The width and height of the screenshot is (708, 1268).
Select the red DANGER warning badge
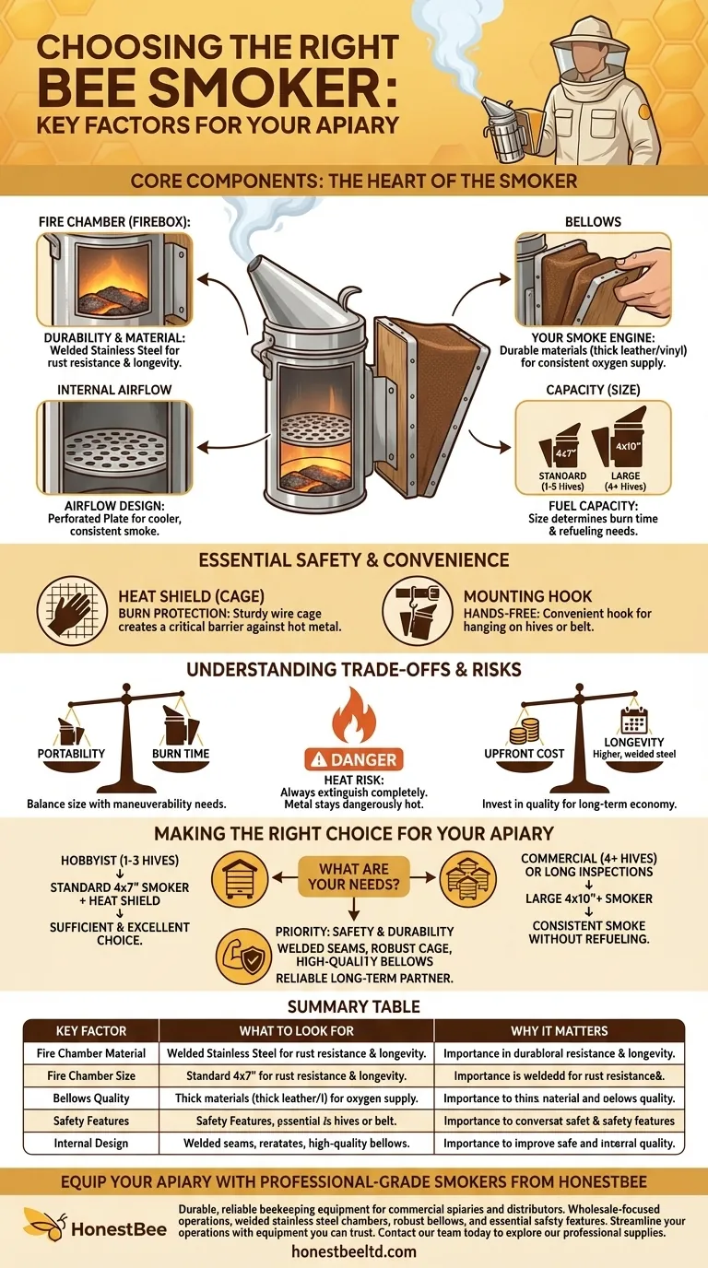[354, 759]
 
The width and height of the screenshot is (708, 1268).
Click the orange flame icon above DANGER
[354, 715]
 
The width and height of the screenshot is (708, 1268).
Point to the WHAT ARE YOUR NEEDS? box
[354, 876]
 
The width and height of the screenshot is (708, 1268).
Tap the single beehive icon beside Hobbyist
[240, 879]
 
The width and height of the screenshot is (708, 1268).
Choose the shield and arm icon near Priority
[243, 957]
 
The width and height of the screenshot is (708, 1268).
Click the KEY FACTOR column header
[91, 1031]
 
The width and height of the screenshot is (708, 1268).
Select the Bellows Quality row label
[91, 1098]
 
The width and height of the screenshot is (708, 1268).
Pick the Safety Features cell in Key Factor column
[91, 1121]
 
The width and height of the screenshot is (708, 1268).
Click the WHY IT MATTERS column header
[559, 1031]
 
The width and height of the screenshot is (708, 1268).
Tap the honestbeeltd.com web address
[354, 1251]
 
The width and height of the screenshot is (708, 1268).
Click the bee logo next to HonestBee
[44, 1224]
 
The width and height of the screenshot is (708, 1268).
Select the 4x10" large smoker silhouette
[621, 442]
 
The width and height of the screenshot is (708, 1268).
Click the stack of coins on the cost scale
[525, 731]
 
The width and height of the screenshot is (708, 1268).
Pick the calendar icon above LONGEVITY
[634, 720]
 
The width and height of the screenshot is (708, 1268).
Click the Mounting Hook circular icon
[418, 611]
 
